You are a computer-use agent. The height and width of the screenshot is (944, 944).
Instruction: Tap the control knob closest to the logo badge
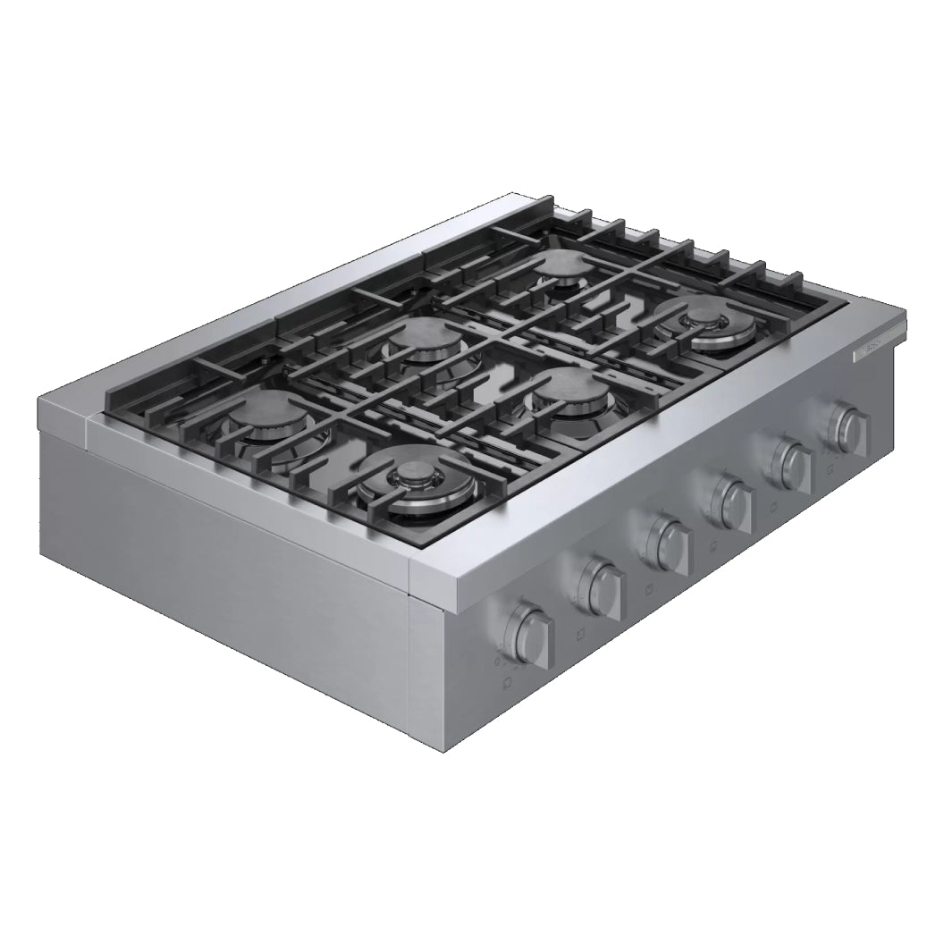pyautogui.click(x=846, y=426)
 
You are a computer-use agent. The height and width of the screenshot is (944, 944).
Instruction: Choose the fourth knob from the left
pyautogui.click(x=730, y=497)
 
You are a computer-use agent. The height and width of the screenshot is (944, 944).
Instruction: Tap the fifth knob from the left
pyautogui.click(x=790, y=459)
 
